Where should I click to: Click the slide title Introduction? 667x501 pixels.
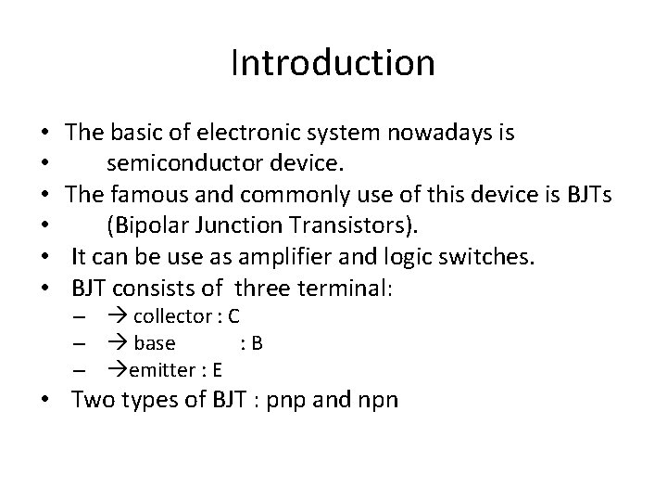(x=333, y=64)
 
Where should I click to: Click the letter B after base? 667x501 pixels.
(x=257, y=344)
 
